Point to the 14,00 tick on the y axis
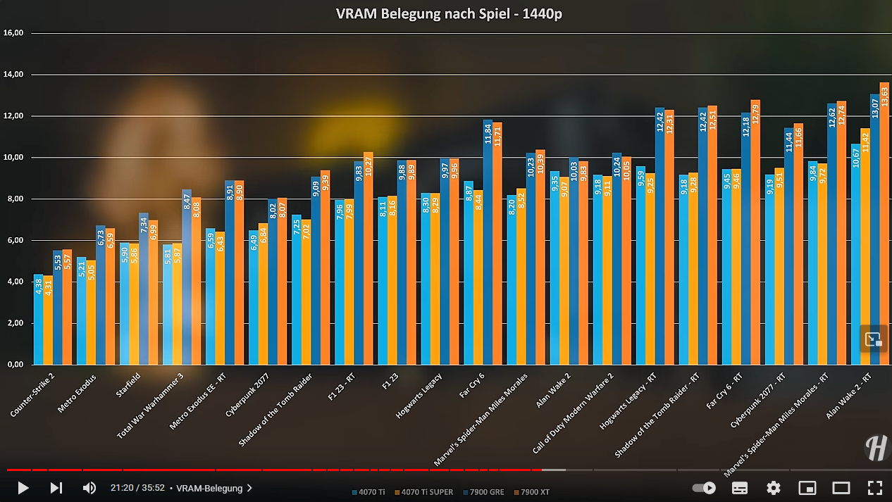tap(14, 74)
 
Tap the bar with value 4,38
tap(38, 320)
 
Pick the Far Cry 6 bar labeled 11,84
tap(488, 242)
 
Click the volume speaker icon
tap(89, 487)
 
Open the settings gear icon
tap(773, 487)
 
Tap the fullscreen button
tap(874, 487)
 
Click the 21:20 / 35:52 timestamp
tap(137, 488)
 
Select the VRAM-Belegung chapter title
tap(209, 488)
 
